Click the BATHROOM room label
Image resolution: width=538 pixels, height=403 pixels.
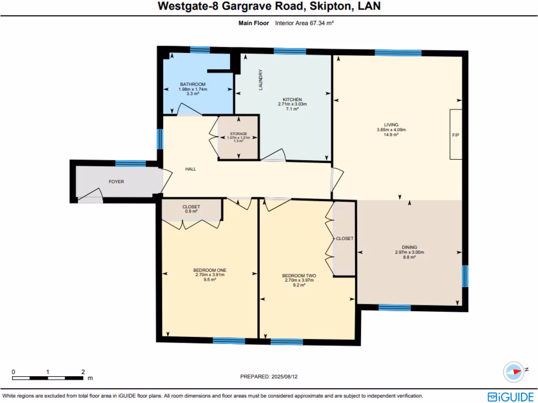[x=193, y=84]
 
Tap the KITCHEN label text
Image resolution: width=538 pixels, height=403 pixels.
[x=292, y=99]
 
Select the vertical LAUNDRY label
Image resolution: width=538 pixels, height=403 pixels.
[x=260, y=80]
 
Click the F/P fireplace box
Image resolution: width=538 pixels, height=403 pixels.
[x=455, y=134]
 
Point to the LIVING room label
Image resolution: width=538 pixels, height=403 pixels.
[x=391, y=125]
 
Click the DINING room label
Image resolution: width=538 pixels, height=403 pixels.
[x=409, y=247]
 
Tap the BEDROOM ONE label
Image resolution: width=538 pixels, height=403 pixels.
[x=210, y=270]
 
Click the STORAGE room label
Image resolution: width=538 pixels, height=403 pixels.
[x=239, y=134]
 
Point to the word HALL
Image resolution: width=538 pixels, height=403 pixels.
[x=190, y=169]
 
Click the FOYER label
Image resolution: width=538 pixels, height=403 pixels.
[x=116, y=182]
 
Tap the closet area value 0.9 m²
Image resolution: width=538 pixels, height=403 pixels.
[x=191, y=211]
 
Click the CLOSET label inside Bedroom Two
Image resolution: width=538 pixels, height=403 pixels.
[x=345, y=238]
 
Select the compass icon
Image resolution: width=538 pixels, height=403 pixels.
[x=513, y=372]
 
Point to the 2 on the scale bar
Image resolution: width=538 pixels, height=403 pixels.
[x=83, y=372]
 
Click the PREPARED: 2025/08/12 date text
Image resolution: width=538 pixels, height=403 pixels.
[x=272, y=376]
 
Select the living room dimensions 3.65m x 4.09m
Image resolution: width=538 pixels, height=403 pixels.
[x=391, y=130]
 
